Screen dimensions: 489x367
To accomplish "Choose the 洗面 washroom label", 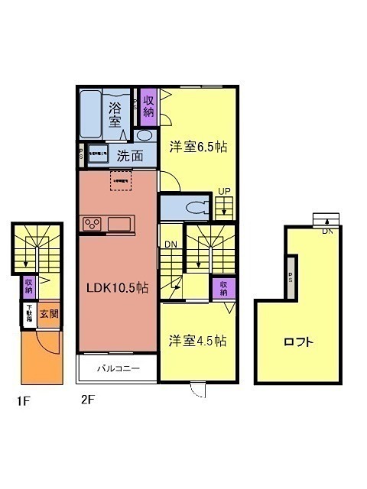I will [x=129, y=156].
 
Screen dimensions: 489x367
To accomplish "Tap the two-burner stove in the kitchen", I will [x=93, y=224].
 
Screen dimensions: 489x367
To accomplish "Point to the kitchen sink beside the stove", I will [x=121, y=224].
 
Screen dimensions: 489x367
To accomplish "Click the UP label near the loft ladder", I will [x=224, y=191].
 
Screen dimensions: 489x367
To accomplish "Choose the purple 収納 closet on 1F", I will [x=28, y=286].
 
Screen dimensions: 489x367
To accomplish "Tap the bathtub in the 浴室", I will [x=93, y=114].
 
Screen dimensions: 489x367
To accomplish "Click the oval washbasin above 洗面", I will [x=144, y=136].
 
